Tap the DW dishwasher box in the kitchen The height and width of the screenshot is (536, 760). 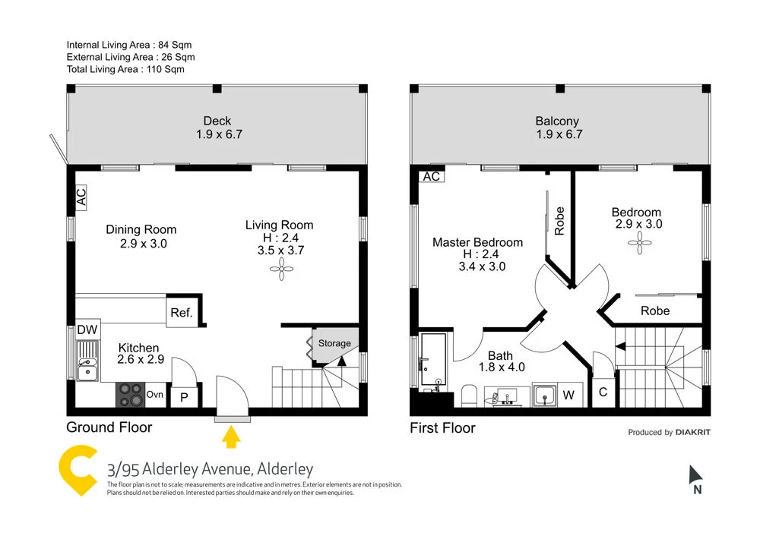point(87,330)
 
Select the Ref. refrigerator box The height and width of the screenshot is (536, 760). point(182,312)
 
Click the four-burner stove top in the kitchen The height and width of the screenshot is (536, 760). point(130,395)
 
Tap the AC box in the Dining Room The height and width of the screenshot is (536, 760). point(81,197)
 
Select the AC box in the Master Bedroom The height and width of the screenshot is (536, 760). point(431,176)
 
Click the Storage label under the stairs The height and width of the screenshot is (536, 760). point(334,343)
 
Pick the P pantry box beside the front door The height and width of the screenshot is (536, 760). point(183,396)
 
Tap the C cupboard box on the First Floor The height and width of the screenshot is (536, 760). point(603,393)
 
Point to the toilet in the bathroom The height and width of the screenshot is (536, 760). point(469,396)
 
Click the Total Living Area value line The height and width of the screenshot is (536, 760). point(125,69)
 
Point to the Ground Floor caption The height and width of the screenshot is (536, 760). point(109,427)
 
